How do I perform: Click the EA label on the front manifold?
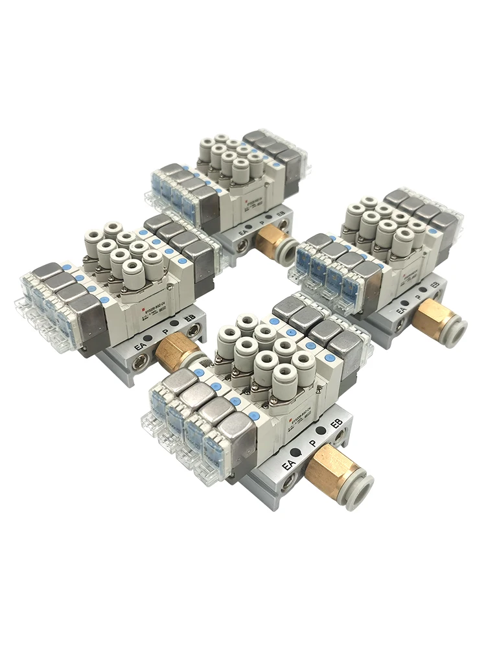pos(289,464)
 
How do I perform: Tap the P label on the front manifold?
pos(312,445)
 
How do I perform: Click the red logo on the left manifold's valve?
pos(143,314)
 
